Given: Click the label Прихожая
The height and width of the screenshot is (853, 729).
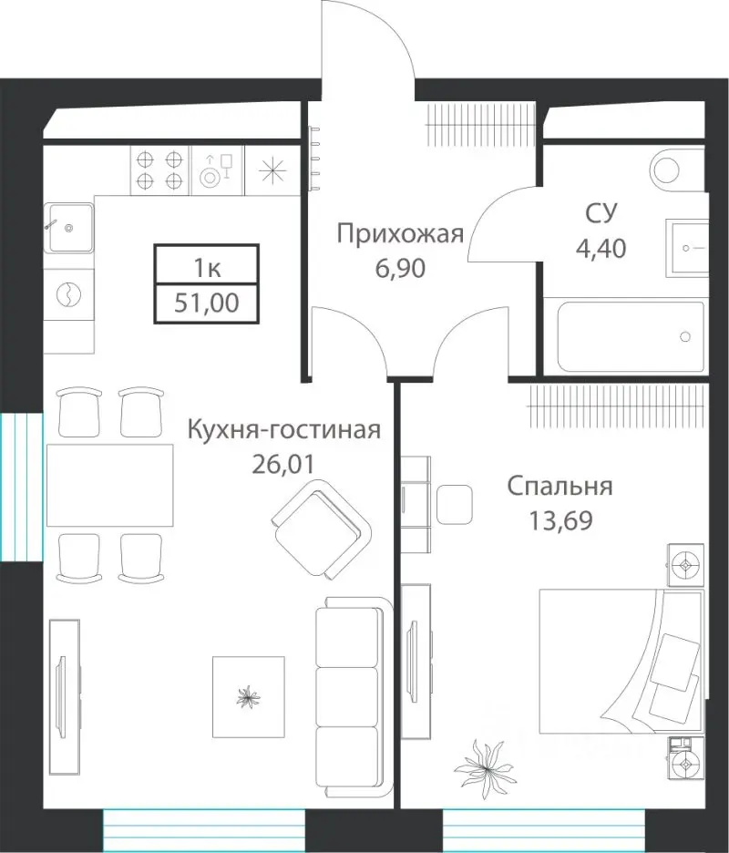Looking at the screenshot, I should pyautogui.click(x=400, y=234).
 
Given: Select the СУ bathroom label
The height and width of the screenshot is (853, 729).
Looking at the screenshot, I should pyautogui.click(x=602, y=214).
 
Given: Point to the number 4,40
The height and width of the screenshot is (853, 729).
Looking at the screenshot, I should pyautogui.click(x=602, y=246).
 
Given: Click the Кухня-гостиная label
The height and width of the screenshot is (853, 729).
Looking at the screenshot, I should pyautogui.click(x=282, y=429).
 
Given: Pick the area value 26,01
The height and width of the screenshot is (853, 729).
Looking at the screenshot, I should pyautogui.click(x=282, y=464).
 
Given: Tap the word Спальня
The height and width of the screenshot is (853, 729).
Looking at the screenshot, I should pyautogui.click(x=560, y=486).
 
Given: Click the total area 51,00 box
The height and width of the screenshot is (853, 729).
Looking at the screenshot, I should pyautogui.click(x=206, y=303).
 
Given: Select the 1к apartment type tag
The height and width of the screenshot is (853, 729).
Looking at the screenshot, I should pyautogui.click(x=206, y=268).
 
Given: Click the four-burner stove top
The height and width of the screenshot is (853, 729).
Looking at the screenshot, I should pyautogui.click(x=159, y=169).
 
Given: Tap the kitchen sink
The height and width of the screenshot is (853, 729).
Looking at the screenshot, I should pyautogui.click(x=69, y=227).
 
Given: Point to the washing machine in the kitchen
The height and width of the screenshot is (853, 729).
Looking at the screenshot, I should pyautogui.click(x=69, y=294).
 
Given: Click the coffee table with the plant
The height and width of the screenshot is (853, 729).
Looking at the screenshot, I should pyautogui.click(x=248, y=696).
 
